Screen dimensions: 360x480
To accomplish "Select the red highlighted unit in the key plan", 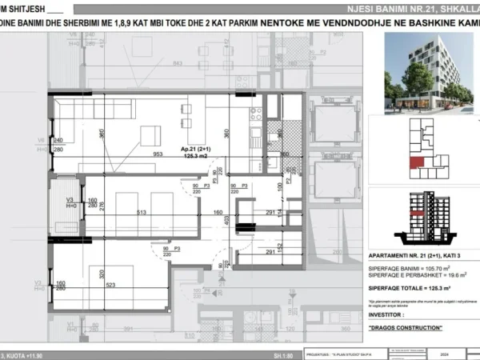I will point(415,163).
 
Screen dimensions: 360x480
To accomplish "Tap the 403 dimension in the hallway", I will point(227,218).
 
